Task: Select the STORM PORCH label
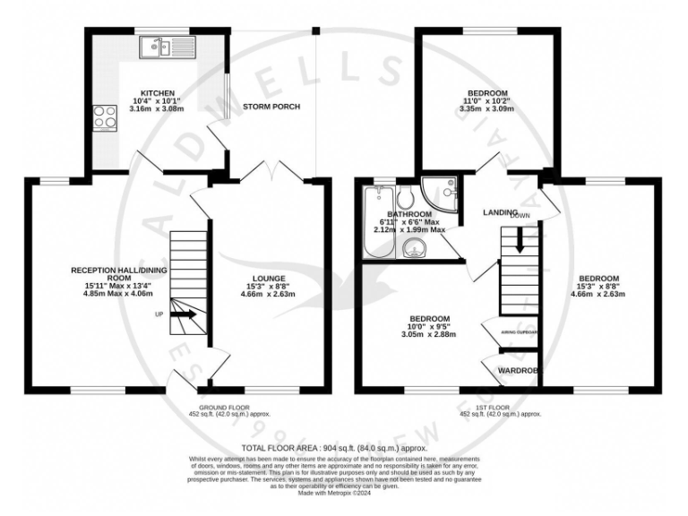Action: pos(271,107)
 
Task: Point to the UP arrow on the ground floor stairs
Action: pos(184,314)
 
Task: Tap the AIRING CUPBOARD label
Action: pos(520,332)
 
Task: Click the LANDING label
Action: pos(499,213)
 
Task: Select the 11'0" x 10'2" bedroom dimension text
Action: pos(487,102)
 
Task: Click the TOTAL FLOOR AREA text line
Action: pos(334,447)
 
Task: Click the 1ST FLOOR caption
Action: pos(500,408)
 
